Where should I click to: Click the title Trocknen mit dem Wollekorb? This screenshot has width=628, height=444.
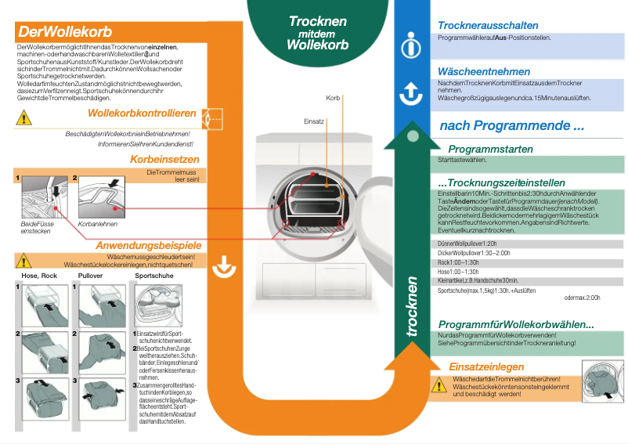(x=317, y=33)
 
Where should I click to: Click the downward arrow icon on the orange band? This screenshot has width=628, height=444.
(x=225, y=266)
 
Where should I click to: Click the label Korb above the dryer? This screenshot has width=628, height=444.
(x=333, y=98)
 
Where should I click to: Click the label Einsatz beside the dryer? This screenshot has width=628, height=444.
(x=313, y=121)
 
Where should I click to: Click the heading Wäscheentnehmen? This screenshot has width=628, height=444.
(x=484, y=71)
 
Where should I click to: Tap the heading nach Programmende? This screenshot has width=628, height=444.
(x=511, y=125)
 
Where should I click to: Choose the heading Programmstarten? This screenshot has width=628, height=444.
(x=490, y=149)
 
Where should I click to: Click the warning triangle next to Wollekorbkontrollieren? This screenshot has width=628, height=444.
(x=24, y=118)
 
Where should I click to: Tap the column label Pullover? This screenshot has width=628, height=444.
(x=91, y=276)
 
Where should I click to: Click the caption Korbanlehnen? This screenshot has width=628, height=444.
(x=98, y=223)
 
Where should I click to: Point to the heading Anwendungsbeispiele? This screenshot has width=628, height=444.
(x=149, y=245)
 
